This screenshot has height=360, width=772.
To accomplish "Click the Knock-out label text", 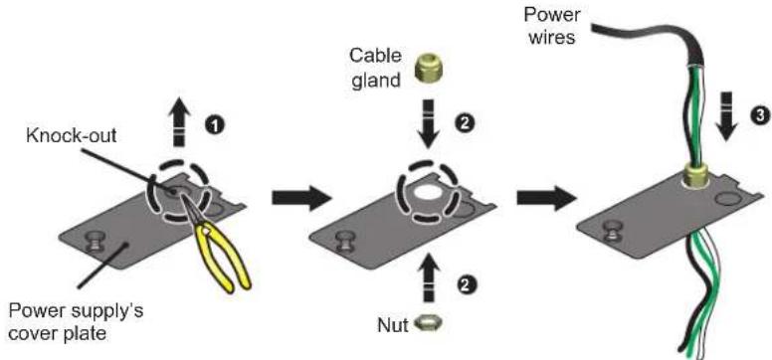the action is (72, 135).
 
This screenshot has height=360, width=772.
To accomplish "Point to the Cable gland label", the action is (375, 68).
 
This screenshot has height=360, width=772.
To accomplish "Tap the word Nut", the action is (393, 325).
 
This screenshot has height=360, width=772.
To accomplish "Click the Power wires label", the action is (551, 25).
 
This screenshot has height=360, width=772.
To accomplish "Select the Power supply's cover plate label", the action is (77, 322).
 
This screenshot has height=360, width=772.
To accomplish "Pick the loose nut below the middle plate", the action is (427, 324).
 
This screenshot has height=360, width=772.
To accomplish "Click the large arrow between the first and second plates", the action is (301, 199).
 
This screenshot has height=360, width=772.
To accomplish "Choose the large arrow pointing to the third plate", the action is (546, 198).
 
